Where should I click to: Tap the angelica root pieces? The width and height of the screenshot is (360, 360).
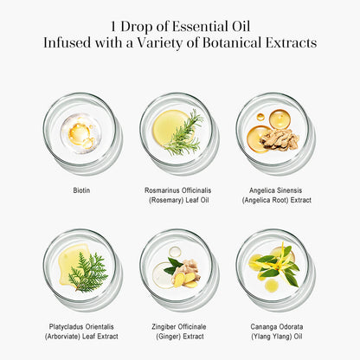point(282,138)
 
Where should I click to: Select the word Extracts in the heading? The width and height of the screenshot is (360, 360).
point(292,42)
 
